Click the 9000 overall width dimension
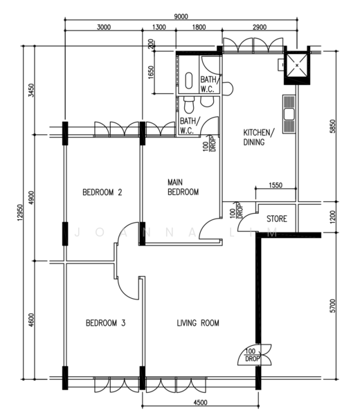point(181,17)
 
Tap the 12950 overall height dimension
point(20,212)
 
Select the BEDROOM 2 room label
point(102,192)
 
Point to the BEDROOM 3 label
point(105,323)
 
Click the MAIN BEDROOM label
point(183,187)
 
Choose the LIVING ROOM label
point(198,323)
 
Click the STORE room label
point(276,219)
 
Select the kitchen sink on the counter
point(289,114)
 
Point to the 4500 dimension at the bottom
point(200,403)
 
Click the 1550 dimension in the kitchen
point(276,185)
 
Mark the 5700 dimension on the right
point(333,306)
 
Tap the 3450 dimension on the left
point(31,90)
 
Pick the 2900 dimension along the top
point(260,27)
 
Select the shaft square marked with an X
point(297,65)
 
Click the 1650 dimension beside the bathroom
point(151,72)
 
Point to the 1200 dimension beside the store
point(333,217)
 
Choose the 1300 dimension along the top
point(159,27)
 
